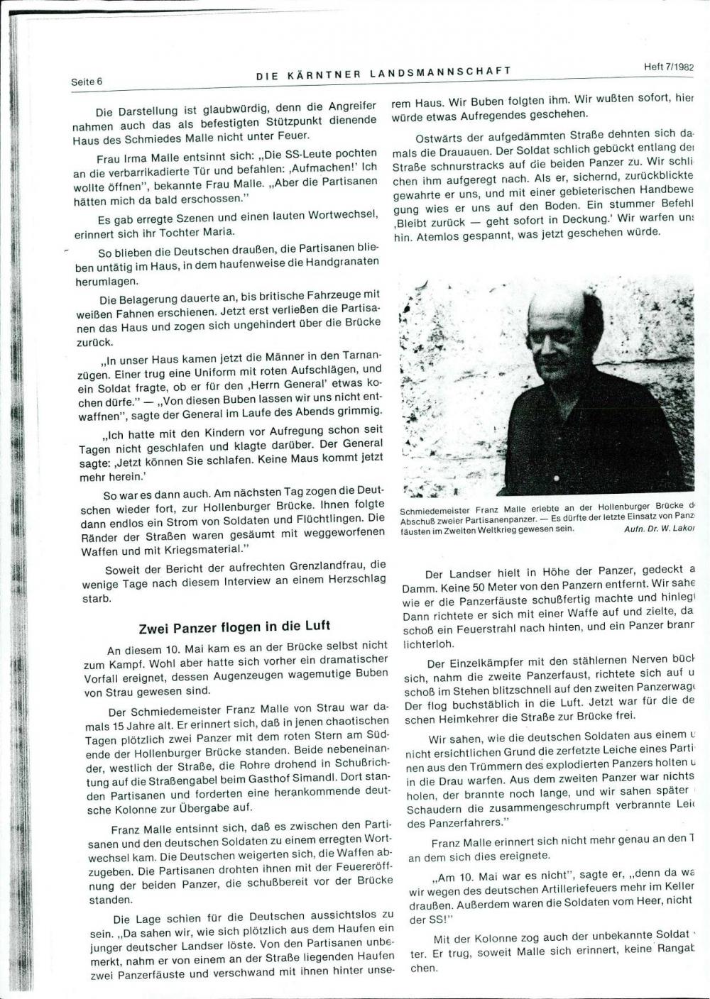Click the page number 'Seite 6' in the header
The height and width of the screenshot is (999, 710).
tap(87, 82)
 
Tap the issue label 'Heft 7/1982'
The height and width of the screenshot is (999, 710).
tap(668, 67)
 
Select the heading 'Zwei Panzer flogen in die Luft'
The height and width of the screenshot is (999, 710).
tap(234, 627)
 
